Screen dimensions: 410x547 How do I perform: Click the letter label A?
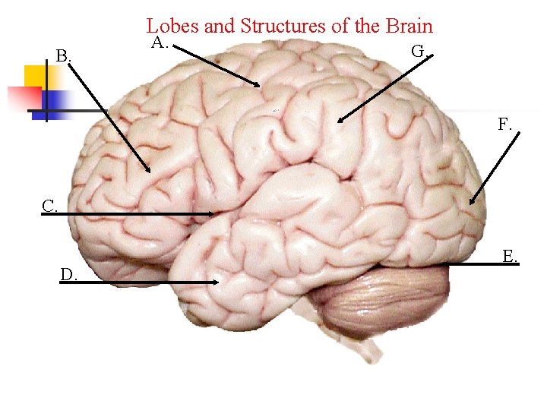click(159, 43)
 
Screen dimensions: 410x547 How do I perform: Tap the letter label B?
click(64, 55)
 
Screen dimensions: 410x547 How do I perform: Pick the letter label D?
click(69, 274)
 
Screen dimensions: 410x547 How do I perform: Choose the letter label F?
click(505, 124)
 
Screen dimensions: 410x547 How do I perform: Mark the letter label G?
click(419, 52)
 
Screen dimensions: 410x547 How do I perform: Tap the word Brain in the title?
click(409, 26)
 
